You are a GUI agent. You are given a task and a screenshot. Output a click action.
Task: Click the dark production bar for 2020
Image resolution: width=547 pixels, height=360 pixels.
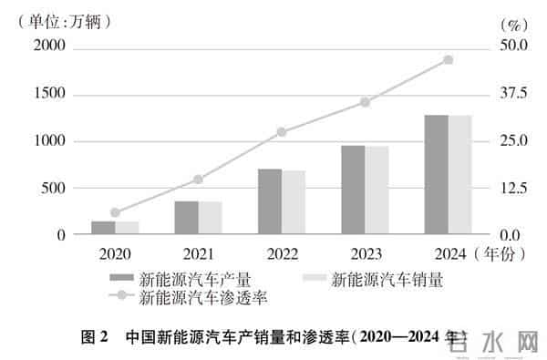pyautogui.click(x=103, y=228)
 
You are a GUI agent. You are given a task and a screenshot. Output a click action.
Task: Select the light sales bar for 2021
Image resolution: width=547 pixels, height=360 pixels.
pyautogui.click(x=211, y=218)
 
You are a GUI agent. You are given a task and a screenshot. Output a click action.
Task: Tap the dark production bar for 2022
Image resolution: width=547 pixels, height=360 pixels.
pyautogui.click(x=269, y=201)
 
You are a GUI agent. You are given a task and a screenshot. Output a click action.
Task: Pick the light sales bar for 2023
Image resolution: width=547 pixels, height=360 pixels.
pyautogui.click(x=377, y=190)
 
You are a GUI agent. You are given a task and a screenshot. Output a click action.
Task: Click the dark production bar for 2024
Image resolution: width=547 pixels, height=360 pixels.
pyautogui.click(x=436, y=175)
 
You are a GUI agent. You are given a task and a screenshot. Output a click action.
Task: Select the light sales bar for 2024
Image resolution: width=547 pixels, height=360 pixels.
pyautogui.click(x=459, y=175)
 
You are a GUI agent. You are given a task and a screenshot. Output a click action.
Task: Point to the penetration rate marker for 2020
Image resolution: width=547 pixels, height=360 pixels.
pyautogui.click(x=115, y=212)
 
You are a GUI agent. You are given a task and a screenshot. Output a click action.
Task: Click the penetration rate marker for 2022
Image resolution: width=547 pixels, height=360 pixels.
pyautogui.click(x=282, y=132)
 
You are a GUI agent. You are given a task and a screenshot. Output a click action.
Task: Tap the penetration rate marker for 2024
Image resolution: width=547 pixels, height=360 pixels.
pyautogui.click(x=448, y=60)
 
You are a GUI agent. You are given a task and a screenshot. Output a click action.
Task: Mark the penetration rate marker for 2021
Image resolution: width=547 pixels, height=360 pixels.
pyautogui.click(x=199, y=180)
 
